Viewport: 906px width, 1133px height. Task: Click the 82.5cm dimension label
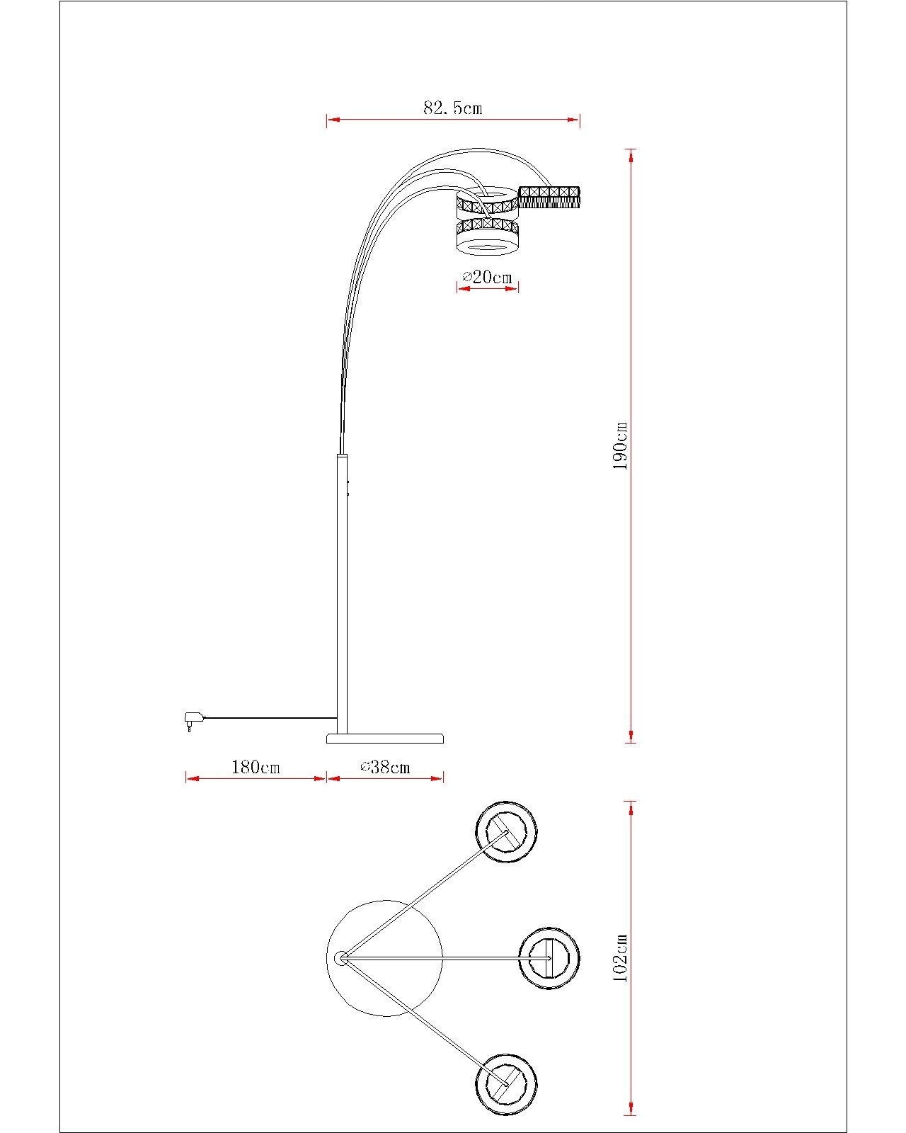453,108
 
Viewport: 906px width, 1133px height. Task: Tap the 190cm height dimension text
621,445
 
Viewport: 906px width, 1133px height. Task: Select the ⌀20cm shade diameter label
488,276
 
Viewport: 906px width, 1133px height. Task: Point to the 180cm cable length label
256,767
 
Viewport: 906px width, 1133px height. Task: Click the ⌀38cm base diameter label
385,767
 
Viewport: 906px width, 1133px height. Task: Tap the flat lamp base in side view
385,738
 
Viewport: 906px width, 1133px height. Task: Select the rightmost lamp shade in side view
549,197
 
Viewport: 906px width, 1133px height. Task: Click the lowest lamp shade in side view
488,237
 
